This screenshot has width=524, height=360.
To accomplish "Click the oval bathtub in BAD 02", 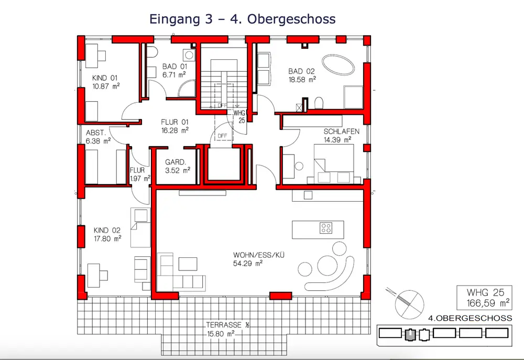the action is click(x=338, y=64).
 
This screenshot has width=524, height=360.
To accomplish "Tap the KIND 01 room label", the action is click(x=105, y=78).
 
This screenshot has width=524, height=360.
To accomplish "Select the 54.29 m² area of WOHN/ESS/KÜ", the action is click(x=248, y=264).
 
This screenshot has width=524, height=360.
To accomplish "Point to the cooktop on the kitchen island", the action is click(x=326, y=228).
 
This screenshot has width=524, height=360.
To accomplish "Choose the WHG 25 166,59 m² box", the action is click(x=484, y=298).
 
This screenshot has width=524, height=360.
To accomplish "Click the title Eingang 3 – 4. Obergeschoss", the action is click(x=242, y=19).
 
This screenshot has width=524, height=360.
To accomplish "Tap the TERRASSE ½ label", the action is click(x=227, y=325).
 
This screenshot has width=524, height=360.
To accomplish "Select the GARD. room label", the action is click(x=176, y=162).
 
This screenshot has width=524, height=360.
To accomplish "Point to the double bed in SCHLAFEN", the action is click(x=333, y=164).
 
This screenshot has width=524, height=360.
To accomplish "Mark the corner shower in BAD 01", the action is click(x=187, y=89).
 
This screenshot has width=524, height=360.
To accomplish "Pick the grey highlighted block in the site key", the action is click(x=410, y=334).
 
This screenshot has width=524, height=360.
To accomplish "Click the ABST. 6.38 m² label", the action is click(x=98, y=137).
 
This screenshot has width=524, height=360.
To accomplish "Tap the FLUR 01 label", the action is click(x=174, y=122).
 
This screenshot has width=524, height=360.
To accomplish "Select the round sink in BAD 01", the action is click(x=190, y=55).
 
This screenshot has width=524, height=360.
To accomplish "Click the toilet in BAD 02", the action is click(x=319, y=103).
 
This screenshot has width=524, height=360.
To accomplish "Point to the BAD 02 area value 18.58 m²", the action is click(x=302, y=80).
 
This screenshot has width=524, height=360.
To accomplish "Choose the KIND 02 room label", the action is click(x=106, y=231).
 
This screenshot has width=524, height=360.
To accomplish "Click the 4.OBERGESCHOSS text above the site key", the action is click(x=470, y=318).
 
